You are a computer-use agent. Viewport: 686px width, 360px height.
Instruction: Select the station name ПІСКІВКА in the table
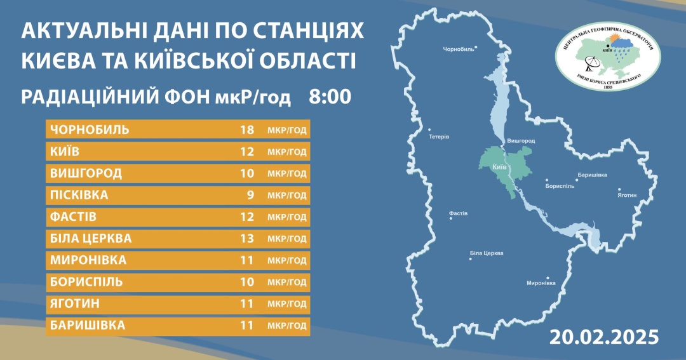pos(79,196)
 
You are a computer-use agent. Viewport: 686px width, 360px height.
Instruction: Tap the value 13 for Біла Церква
pos(247,239)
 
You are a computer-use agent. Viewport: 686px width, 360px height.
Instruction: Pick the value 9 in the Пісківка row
pos(250,196)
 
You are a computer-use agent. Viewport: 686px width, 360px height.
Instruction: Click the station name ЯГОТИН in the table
pos(74,304)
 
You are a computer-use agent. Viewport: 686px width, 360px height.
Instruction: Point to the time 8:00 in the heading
pos(330,97)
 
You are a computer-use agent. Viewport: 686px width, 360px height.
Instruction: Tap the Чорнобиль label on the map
pos(459,49)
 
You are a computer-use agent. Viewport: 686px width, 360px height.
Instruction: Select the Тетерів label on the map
pos(439,137)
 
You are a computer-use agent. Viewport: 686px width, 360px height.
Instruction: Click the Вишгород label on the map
pos(521,140)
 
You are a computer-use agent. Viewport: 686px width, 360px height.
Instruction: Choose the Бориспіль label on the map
pos(560,186)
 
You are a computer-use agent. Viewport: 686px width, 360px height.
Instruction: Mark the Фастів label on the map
pos(458,213)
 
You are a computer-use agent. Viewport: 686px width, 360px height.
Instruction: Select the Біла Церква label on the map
pos(487,253)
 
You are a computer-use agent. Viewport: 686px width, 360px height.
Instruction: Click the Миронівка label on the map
pos(541,283)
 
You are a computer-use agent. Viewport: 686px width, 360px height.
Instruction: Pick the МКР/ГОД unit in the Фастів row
pos(287,217)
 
